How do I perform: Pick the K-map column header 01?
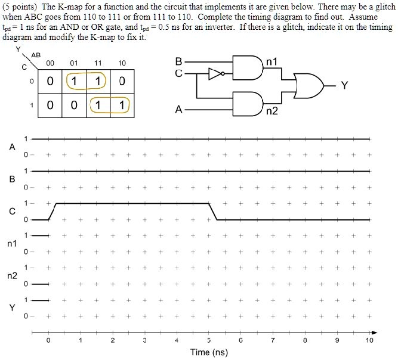[73, 63]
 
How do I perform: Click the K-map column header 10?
[122, 63]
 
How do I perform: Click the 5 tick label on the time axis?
[209, 341]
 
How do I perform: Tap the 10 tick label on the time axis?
[370, 341]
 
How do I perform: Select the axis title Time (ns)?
[209, 352]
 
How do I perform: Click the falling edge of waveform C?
[213, 212]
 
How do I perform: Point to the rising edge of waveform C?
[52, 212]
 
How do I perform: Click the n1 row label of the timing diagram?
[11, 244]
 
